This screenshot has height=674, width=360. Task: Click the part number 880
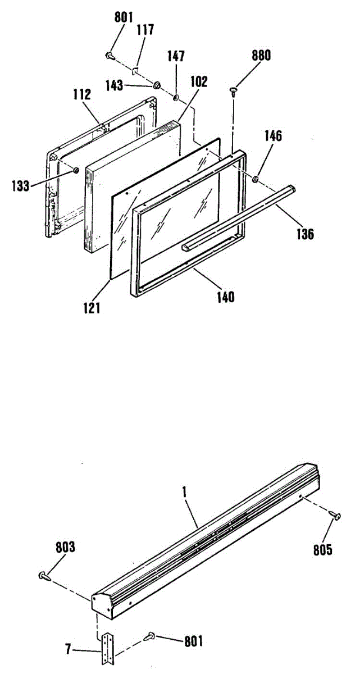261,56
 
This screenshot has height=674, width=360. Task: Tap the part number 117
145,29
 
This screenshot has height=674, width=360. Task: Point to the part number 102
198,81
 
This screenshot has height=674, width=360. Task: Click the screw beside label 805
335,514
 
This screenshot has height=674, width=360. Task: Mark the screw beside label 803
43,575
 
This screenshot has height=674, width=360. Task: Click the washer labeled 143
157,85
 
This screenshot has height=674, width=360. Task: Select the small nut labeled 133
76,169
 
